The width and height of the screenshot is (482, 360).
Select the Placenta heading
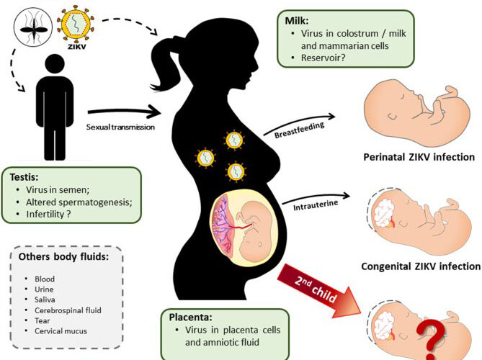coord(189,316)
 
